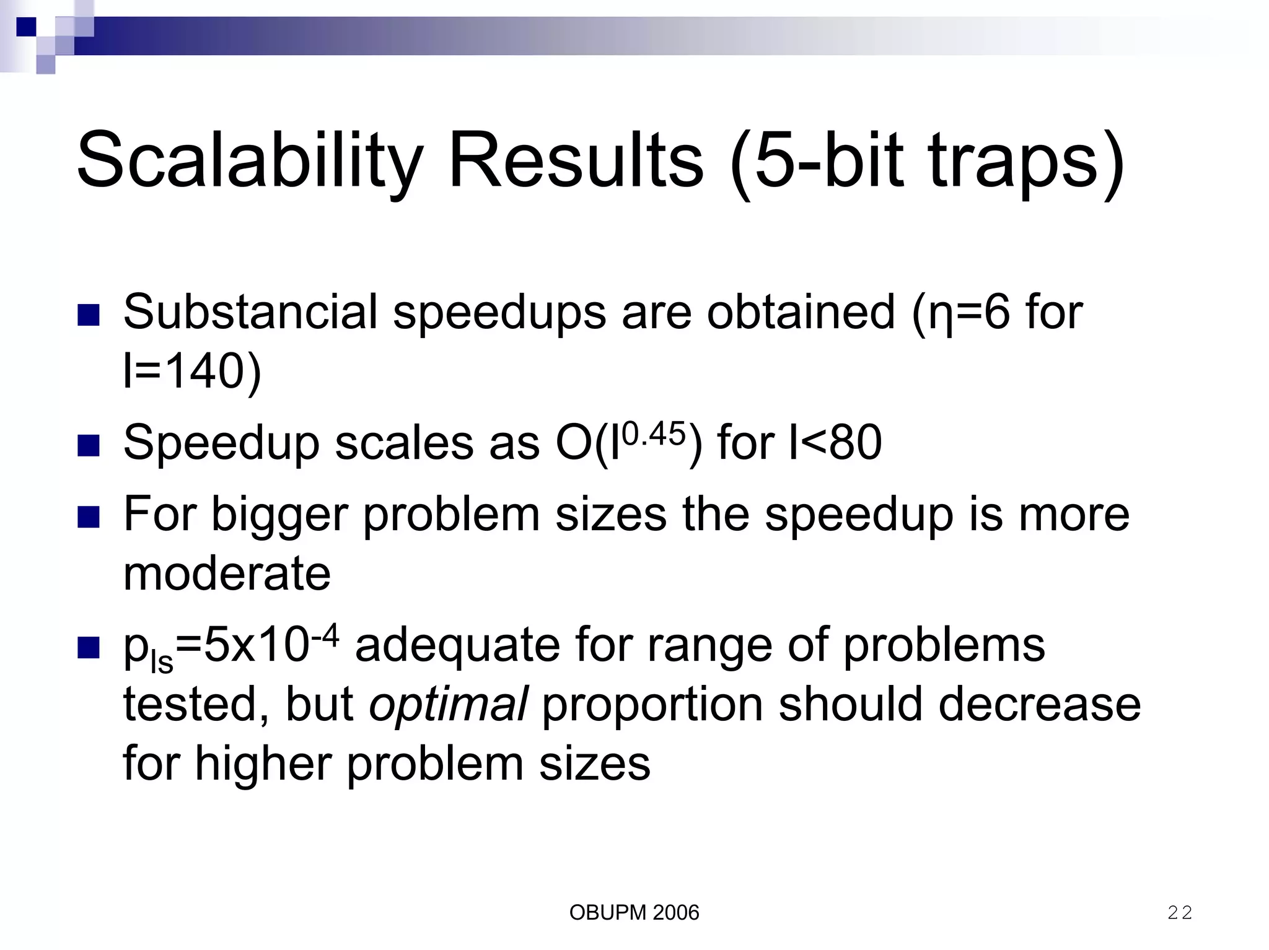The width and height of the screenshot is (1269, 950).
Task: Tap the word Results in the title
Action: click(x=576, y=161)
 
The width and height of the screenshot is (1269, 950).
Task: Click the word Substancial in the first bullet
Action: click(x=250, y=312)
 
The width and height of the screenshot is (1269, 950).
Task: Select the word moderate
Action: click(x=227, y=573)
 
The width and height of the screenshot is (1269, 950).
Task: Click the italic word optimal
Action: click(x=448, y=704)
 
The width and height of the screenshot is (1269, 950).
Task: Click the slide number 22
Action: click(x=1179, y=912)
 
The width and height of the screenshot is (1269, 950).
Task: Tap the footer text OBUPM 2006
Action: click(x=634, y=912)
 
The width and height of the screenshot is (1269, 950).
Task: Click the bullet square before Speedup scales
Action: click(x=89, y=445)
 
